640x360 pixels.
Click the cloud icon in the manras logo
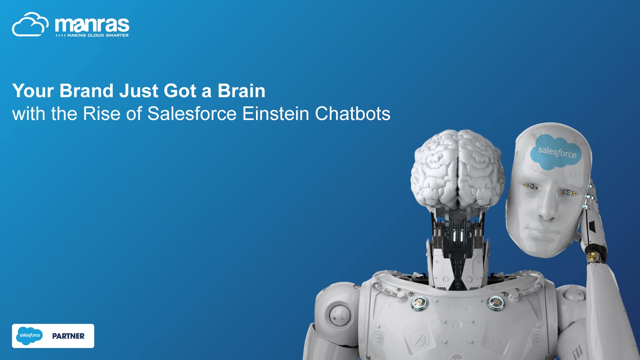coord(30,24)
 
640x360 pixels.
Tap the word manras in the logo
coord(92,25)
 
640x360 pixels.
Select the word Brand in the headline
coord(86,90)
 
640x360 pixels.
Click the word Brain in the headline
coord(242,90)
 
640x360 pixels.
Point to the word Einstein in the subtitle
coord(276,114)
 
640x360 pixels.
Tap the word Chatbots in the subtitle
coord(352,114)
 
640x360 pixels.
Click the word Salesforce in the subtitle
coord(192,114)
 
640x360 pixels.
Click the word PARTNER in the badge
coord(68,336)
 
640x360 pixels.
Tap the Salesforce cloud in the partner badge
coord(30,336)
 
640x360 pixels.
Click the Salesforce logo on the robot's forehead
coord(556,152)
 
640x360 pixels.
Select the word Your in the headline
coord(33,90)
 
